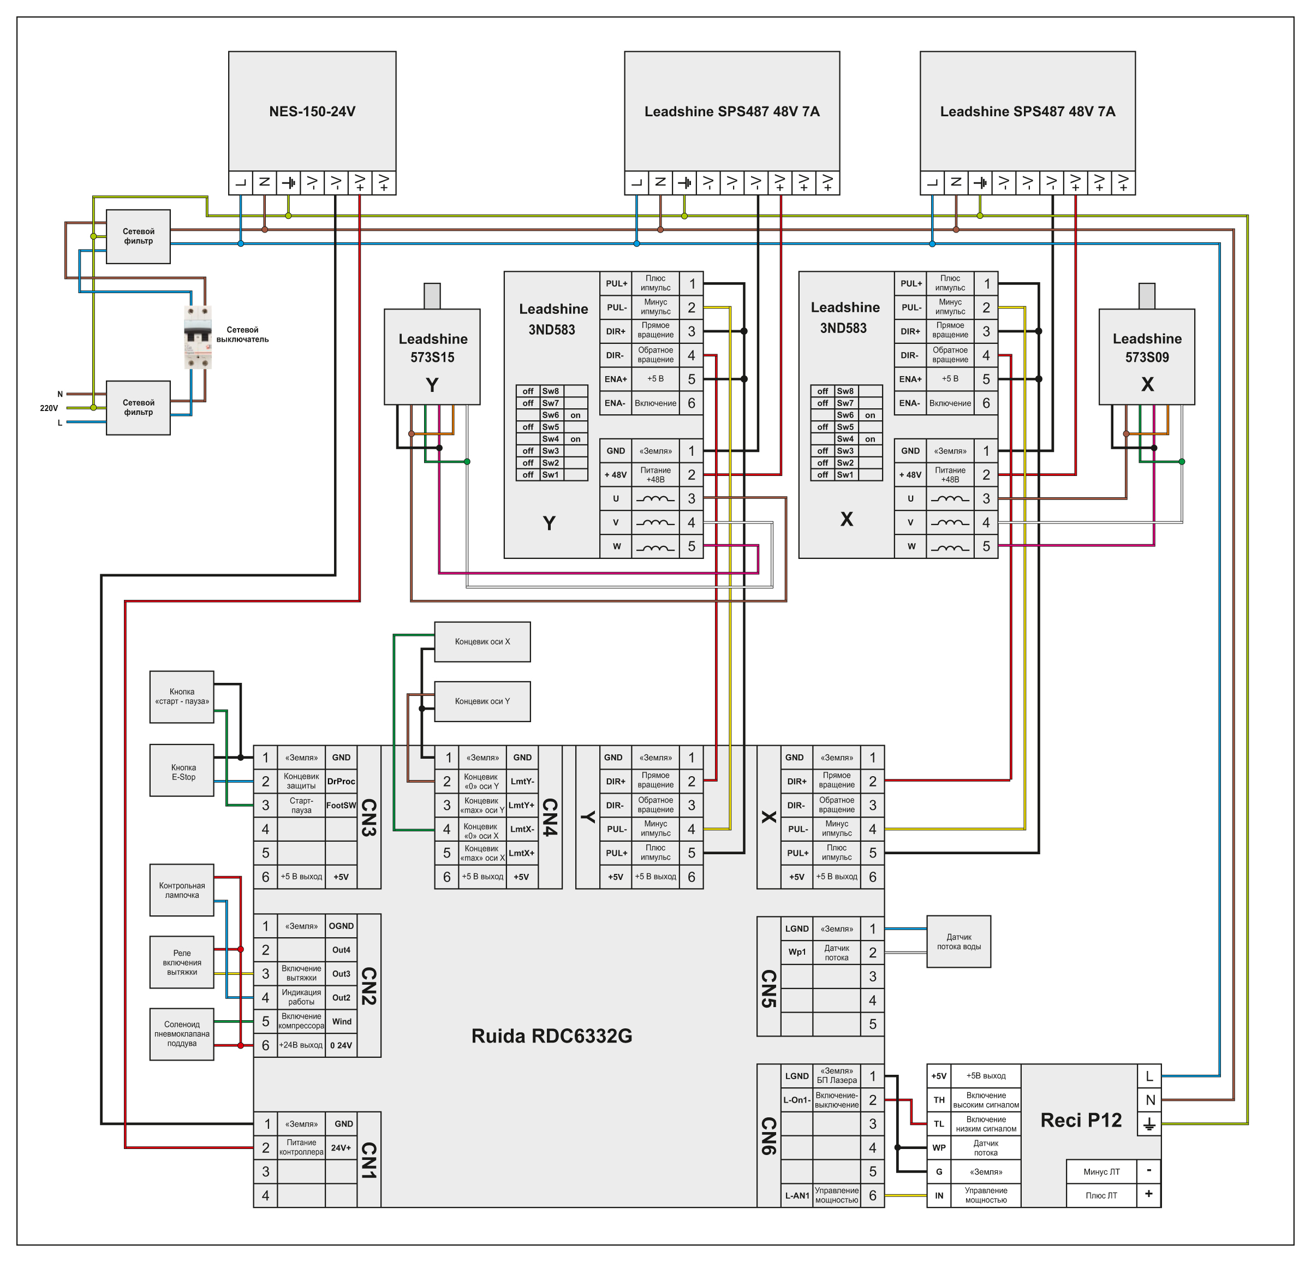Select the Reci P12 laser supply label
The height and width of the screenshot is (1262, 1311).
pyautogui.click(x=1080, y=1120)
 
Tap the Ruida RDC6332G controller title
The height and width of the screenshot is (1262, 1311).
pyautogui.click(x=551, y=1036)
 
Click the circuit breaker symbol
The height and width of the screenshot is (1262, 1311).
pyautogui.click(x=198, y=337)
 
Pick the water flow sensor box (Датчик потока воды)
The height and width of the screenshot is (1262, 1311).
pyautogui.click(x=958, y=942)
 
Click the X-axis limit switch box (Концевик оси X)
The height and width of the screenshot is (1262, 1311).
pyautogui.click(x=482, y=641)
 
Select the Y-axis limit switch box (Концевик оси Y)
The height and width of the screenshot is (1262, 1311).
pyautogui.click(x=482, y=701)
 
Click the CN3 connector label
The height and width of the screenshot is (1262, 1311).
pyautogui.click(x=368, y=817)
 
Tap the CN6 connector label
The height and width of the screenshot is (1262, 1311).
pyautogui.click(x=768, y=1135)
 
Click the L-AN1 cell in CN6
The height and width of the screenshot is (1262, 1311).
pyautogui.click(x=797, y=1195)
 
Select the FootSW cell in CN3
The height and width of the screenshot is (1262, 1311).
pyautogui.click(x=341, y=805)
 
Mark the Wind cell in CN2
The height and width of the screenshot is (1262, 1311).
pyautogui.click(x=341, y=1021)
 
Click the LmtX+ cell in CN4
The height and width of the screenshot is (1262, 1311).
pyautogui.click(x=522, y=853)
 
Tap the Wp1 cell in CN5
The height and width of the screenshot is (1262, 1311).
pyautogui.click(x=797, y=951)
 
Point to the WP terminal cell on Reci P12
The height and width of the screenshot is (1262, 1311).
pyautogui.click(x=938, y=1147)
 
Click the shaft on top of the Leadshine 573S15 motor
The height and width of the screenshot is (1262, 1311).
pyautogui.click(x=432, y=296)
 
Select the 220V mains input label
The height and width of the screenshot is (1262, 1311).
pyautogui.click(x=49, y=408)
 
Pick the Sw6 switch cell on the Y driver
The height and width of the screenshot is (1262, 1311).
pyautogui.click(x=551, y=415)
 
